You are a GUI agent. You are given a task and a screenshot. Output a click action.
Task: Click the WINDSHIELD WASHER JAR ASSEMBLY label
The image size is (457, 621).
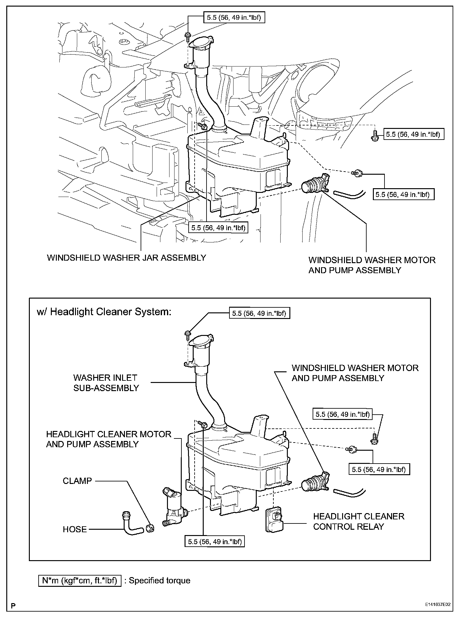click(x=126, y=258)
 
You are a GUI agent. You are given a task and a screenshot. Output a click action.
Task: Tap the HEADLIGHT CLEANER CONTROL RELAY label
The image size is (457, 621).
click(x=358, y=521)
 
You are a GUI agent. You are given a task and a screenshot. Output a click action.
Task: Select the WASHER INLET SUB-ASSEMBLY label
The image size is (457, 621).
click(x=106, y=383)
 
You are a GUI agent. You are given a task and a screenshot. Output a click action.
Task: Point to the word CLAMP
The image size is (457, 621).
click(x=77, y=481)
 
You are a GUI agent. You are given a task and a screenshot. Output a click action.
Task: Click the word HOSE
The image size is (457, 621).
click(x=75, y=529)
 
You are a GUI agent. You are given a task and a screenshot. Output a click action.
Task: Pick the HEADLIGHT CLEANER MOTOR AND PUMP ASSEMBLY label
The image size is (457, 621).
click(x=109, y=439)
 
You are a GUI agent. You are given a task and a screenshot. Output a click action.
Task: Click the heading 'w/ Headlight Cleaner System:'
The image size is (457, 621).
click(x=104, y=312)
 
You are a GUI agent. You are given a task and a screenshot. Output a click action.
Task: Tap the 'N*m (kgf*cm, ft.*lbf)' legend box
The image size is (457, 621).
click(x=80, y=580)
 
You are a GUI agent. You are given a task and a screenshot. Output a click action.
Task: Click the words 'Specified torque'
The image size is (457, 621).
click(x=159, y=580)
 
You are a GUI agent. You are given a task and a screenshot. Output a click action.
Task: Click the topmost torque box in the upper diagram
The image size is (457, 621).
click(x=234, y=18)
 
